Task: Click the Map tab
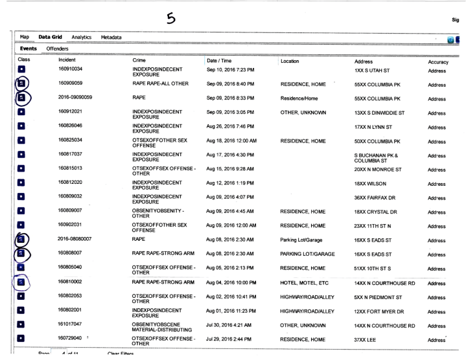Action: (x=24, y=38)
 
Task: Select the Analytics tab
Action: (x=82, y=38)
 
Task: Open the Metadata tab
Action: (x=113, y=38)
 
